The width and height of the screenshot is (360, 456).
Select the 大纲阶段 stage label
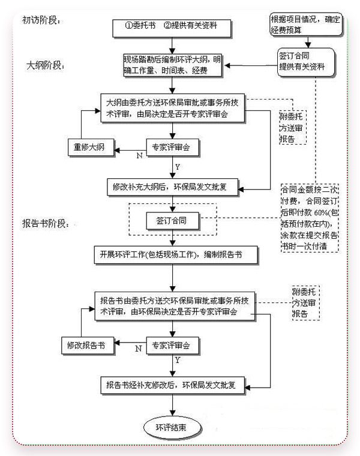[46, 64]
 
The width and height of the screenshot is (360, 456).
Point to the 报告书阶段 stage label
[49, 223]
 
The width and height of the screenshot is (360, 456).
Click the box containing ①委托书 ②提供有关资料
[172, 26]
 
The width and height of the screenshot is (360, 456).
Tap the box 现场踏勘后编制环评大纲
[172, 66]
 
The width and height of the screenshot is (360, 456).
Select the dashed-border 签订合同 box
[172, 221]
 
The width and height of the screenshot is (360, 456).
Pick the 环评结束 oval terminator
[175, 428]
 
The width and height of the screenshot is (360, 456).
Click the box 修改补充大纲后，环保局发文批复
[173, 186]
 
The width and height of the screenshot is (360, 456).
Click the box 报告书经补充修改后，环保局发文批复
[173, 385]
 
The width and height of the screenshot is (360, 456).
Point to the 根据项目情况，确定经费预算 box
[306, 23]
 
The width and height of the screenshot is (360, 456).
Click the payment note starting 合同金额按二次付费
[310, 220]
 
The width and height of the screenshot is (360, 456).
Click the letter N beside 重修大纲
[140, 155]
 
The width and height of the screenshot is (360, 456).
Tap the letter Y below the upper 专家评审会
[178, 167]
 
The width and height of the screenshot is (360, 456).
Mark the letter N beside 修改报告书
[139, 349]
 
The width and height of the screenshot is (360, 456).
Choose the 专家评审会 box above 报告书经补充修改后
[173, 345]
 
